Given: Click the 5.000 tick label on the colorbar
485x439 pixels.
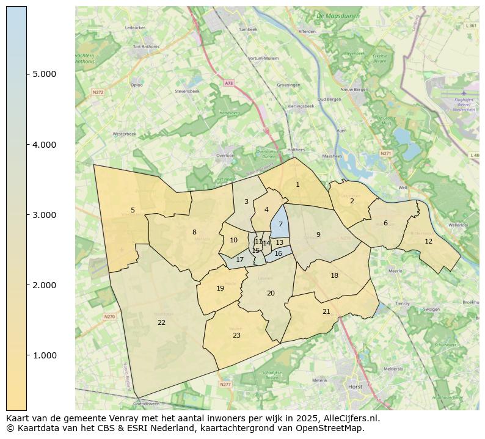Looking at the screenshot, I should point(45,74).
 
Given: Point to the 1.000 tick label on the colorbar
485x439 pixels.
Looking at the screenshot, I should point(45,355).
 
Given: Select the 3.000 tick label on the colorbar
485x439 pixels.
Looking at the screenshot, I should point(45,215).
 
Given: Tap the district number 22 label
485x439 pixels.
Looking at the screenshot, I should point(161,322).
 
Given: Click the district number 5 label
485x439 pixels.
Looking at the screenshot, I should point(133,210).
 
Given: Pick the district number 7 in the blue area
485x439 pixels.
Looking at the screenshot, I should point(280,224).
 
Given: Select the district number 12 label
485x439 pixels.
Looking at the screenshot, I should point(428,241).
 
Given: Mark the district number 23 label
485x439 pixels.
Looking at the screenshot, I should point(236,335).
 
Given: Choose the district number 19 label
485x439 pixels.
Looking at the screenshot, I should point(221,289).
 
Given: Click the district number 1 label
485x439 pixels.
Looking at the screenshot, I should point(297,184).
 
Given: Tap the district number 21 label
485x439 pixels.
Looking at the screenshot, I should point(326,311).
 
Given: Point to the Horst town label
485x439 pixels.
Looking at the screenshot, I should point(354,386).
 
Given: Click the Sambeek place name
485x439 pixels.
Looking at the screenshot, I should point(249,29).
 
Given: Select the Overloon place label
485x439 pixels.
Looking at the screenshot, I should point(225,156).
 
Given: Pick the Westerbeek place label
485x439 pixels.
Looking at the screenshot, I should point(125,134).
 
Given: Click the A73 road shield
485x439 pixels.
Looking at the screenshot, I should point(228,83).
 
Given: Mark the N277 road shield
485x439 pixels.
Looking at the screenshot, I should point(225,385).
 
